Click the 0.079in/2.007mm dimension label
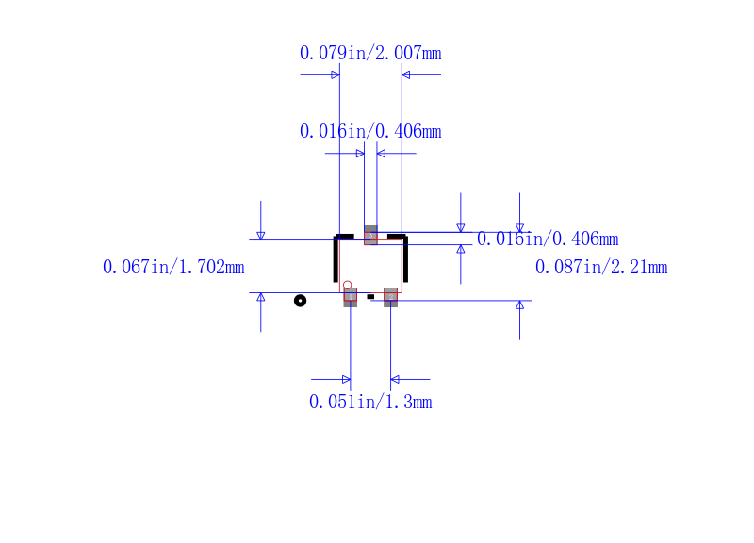[370, 53]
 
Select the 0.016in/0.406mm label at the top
[370, 131]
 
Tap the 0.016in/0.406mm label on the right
[548, 239]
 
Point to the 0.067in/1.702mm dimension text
[173, 267]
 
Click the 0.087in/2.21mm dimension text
[601, 267]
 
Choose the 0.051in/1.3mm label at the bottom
[370, 402]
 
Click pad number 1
[351, 297]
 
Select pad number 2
[390, 297]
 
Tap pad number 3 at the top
[370, 235]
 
